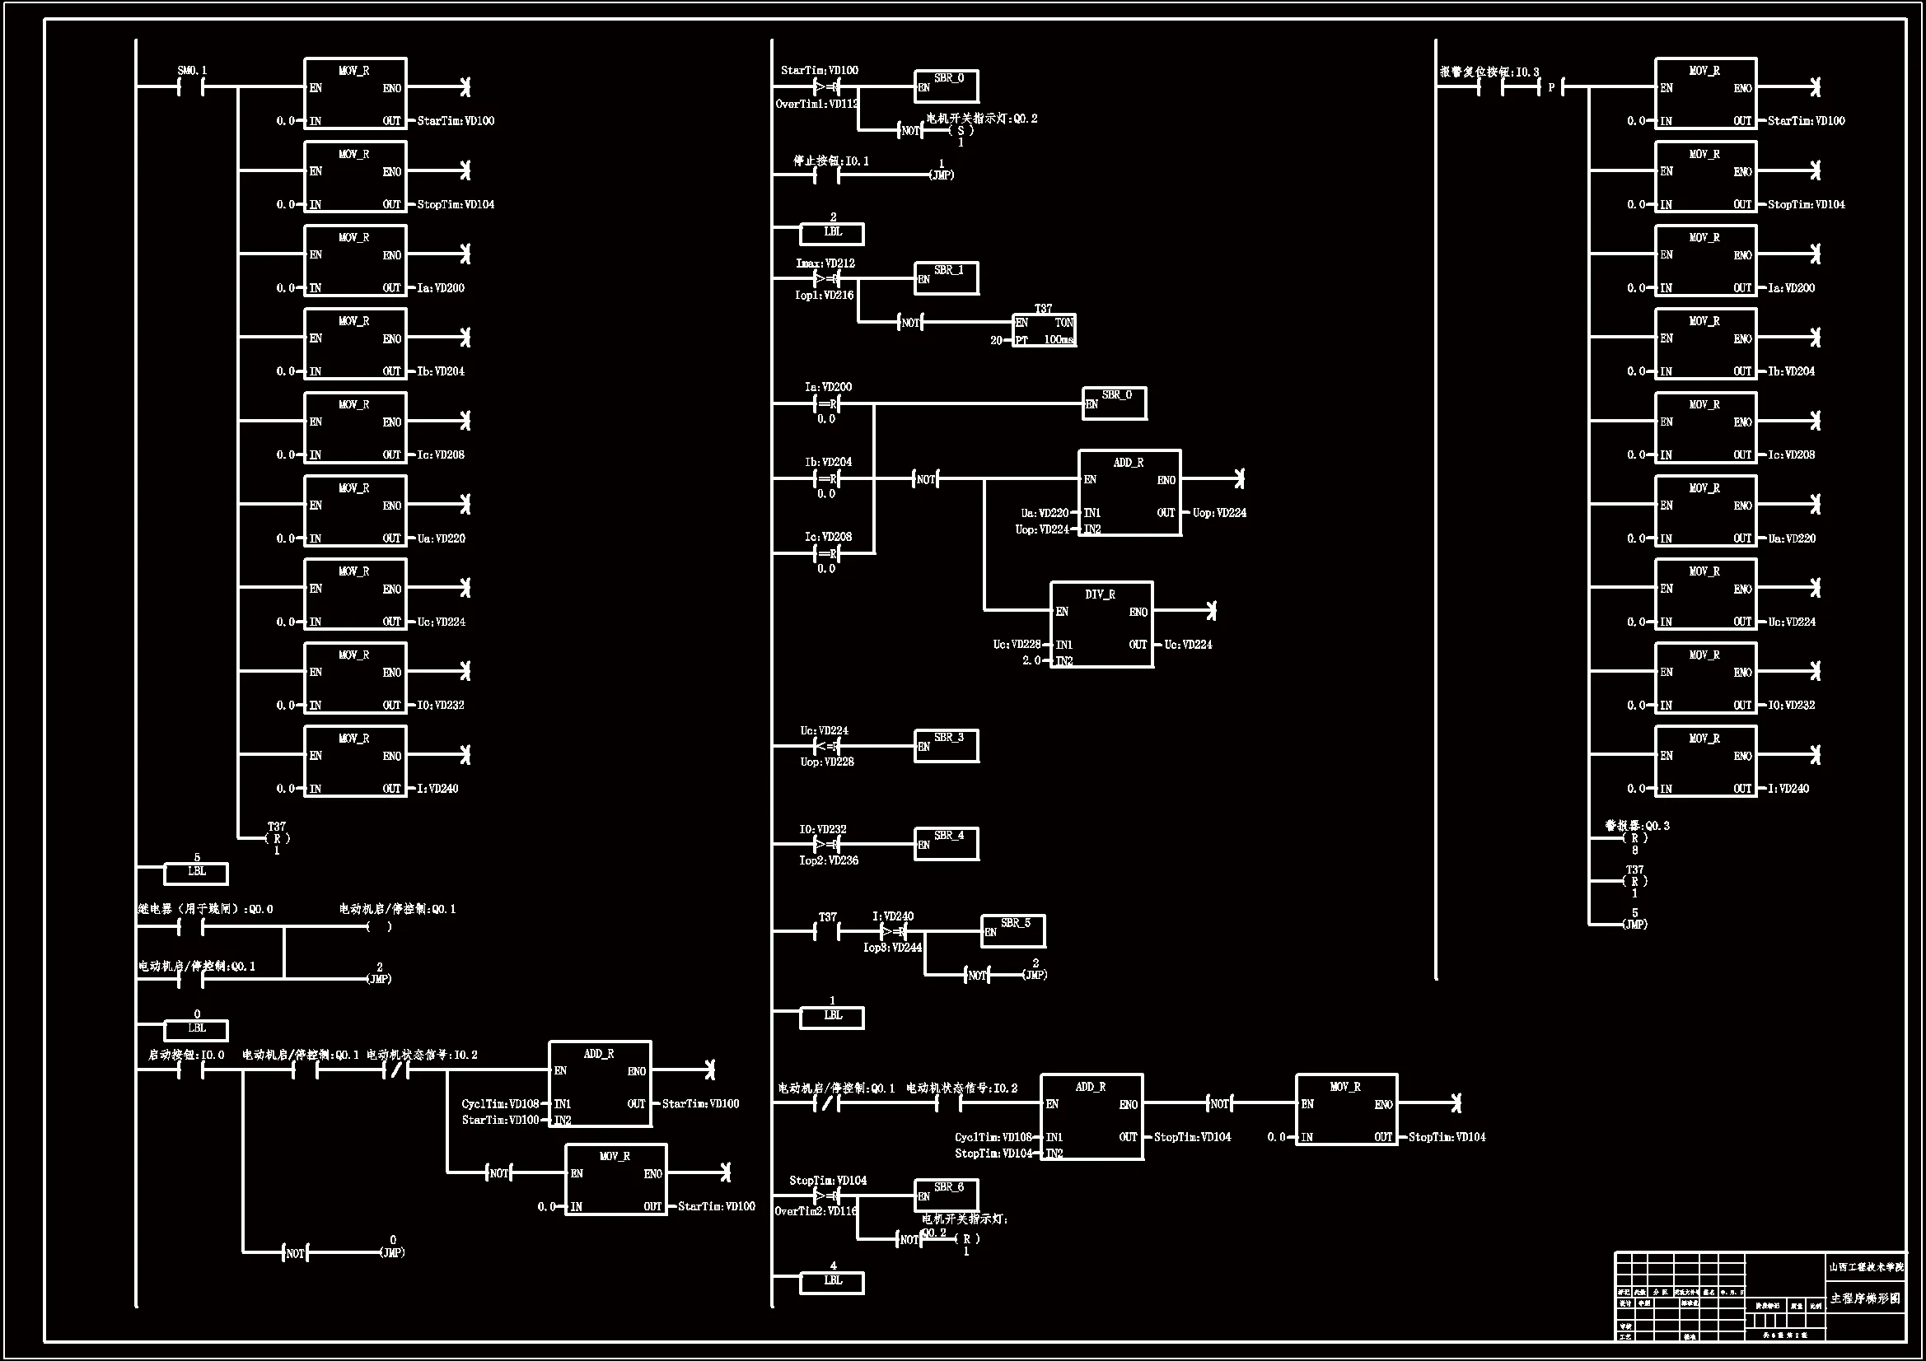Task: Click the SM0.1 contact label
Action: pyautogui.click(x=192, y=71)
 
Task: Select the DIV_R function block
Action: pyautogui.click(x=1101, y=625)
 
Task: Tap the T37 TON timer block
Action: pyautogui.click(x=1044, y=329)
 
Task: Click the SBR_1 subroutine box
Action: pyautogui.click(x=947, y=277)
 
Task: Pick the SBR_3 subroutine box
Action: pyautogui.click(x=947, y=745)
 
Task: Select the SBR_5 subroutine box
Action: pyautogui.click(x=1013, y=931)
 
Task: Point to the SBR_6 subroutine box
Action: pyautogui.click(x=947, y=1194)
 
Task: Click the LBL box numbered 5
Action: pyautogui.click(x=196, y=873)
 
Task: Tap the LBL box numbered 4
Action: pyautogui.click(x=832, y=1281)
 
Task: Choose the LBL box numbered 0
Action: pyautogui.click(x=196, y=1029)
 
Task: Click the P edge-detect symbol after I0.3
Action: pyautogui.click(x=1551, y=87)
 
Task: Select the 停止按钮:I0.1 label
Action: pyautogui.click(x=831, y=161)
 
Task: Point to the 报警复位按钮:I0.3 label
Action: pyautogui.click(x=1489, y=72)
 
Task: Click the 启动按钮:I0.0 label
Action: pyautogui.click(x=186, y=1055)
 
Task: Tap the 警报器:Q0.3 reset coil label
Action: pyautogui.click(x=1638, y=826)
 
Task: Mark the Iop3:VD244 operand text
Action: pyautogui.click(x=892, y=948)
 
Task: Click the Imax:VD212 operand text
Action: pyautogui.click(x=825, y=263)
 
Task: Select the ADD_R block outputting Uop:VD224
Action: pyautogui.click(x=1129, y=493)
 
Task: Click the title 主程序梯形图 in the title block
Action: pyautogui.click(x=1865, y=1298)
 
